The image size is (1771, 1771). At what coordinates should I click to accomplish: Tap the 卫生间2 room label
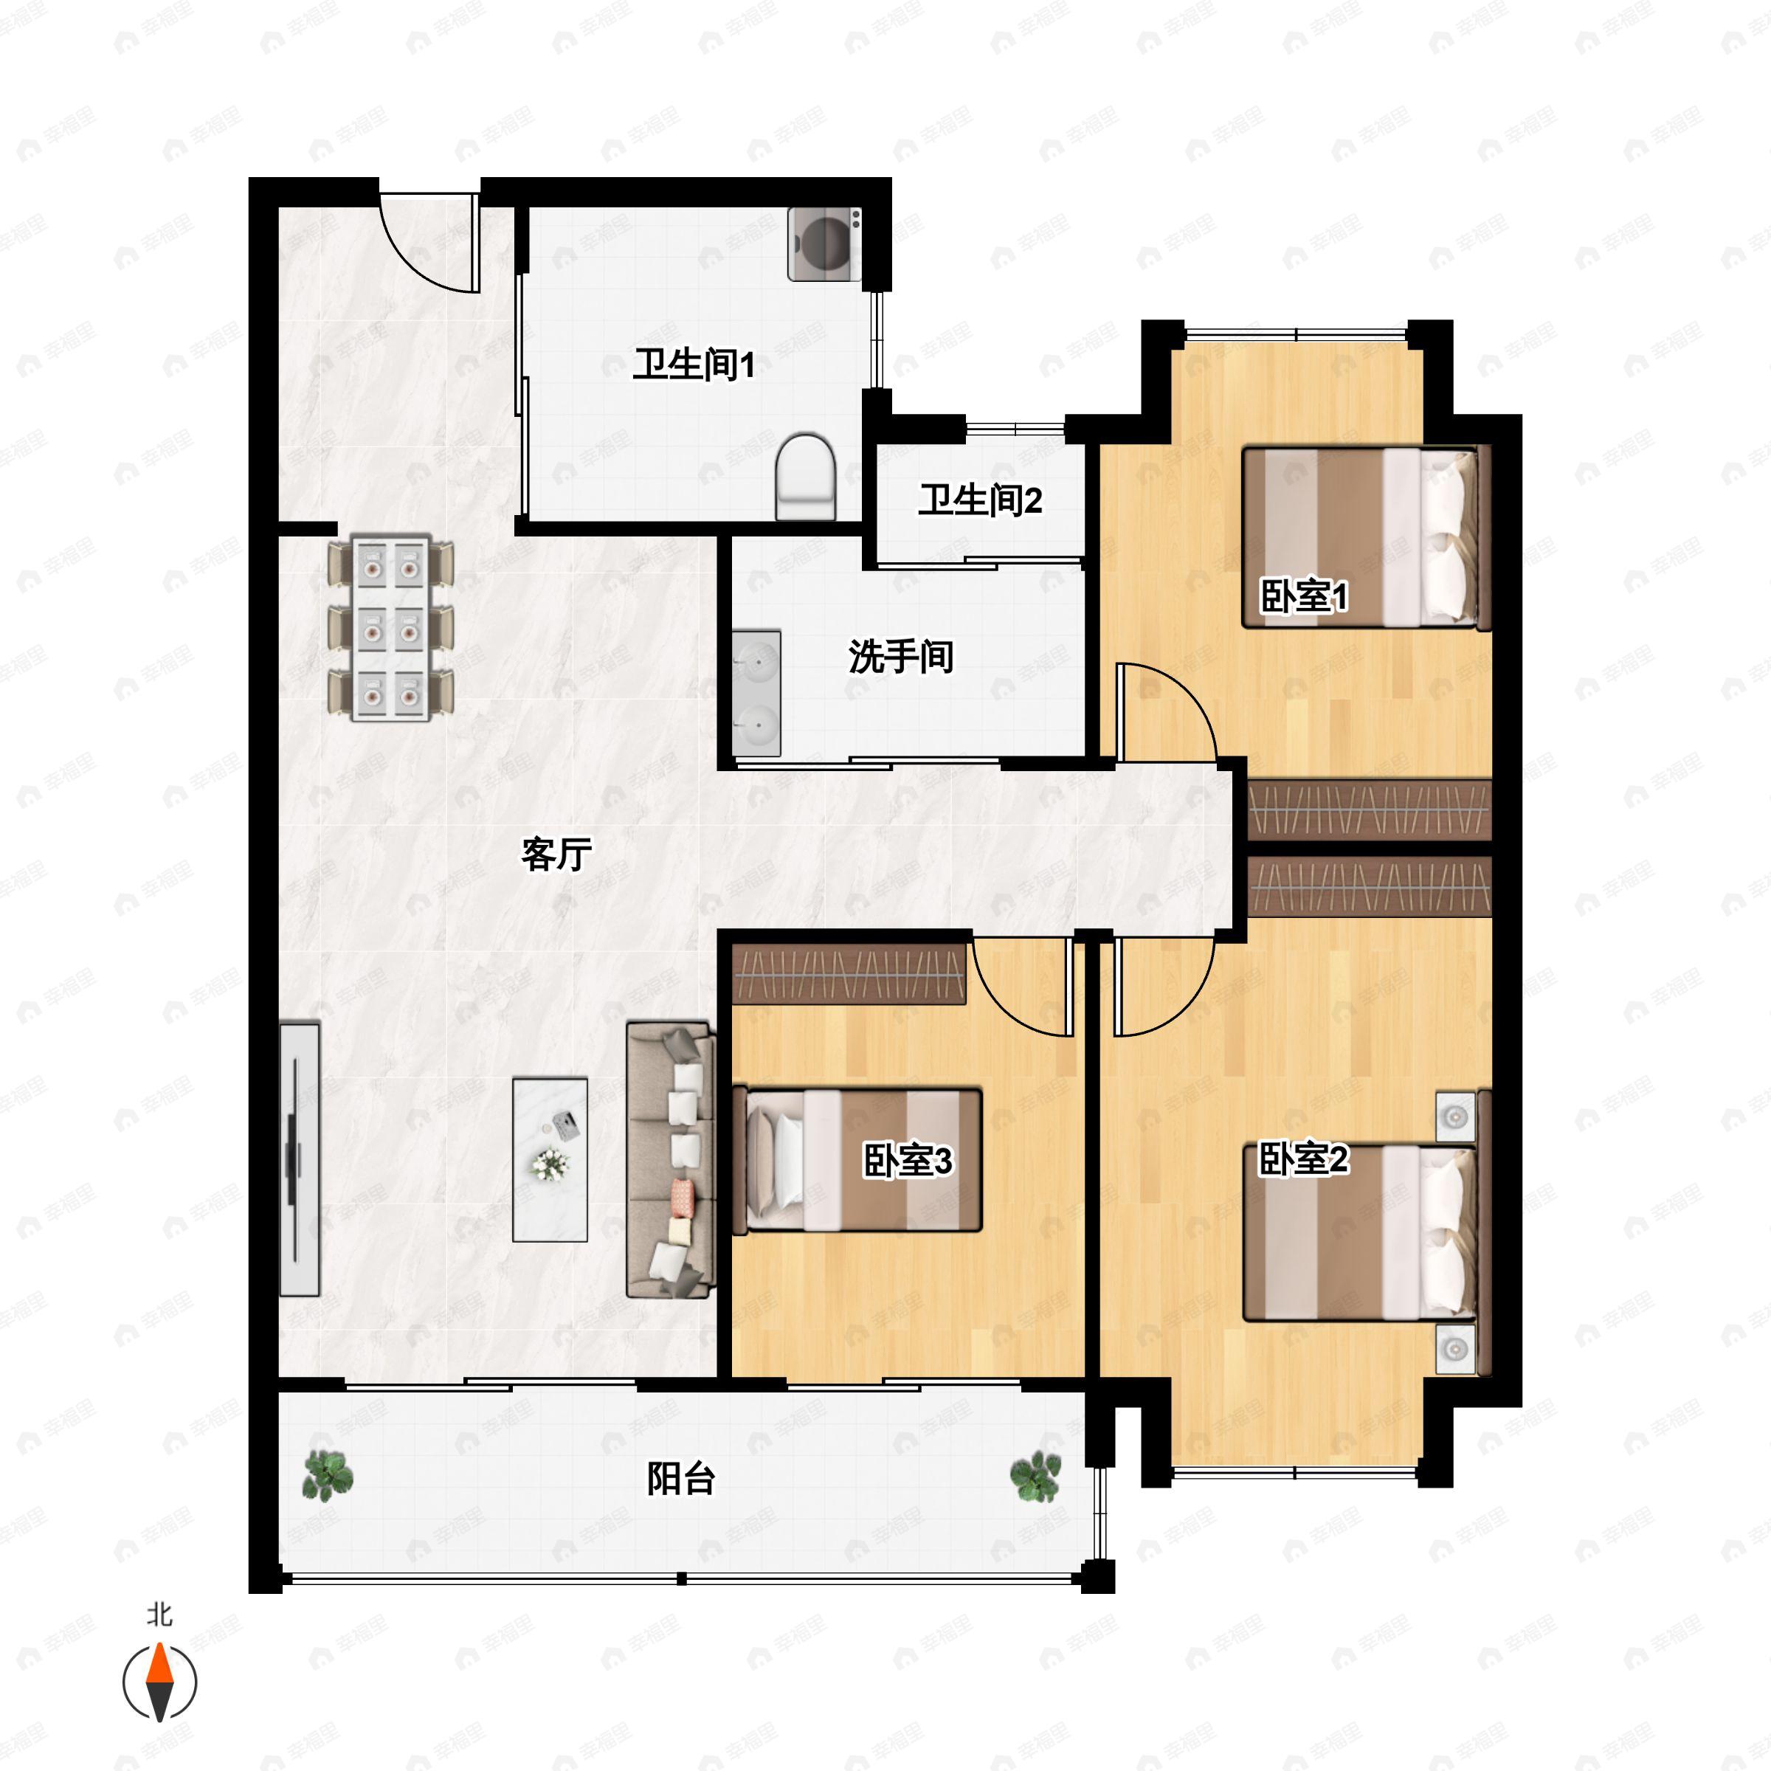(980, 500)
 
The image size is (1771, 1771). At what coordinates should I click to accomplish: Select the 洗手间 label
(900, 656)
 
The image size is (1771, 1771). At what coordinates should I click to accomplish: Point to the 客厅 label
(556, 855)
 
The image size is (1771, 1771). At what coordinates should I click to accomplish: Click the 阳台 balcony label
(680, 1477)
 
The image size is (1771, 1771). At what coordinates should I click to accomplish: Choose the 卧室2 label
(1302, 1159)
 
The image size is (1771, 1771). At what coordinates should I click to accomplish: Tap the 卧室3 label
(908, 1161)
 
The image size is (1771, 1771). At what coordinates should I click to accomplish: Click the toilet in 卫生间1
(806, 476)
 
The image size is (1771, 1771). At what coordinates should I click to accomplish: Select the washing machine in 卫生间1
(824, 243)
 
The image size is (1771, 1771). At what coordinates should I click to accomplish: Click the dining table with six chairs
(391, 628)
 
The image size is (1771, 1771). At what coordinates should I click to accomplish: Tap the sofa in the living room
(670, 1159)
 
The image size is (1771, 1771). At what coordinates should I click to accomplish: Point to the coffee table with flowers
(550, 1159)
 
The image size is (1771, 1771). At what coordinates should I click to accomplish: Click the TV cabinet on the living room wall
(300, 1159)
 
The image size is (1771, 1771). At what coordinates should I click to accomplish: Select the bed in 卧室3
(858, 1159)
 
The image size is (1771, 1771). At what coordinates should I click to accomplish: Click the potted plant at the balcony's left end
(327, 1475)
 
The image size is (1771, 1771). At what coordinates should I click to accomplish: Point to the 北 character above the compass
(160, 1615)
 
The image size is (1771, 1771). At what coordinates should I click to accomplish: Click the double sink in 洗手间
(757, 693)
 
